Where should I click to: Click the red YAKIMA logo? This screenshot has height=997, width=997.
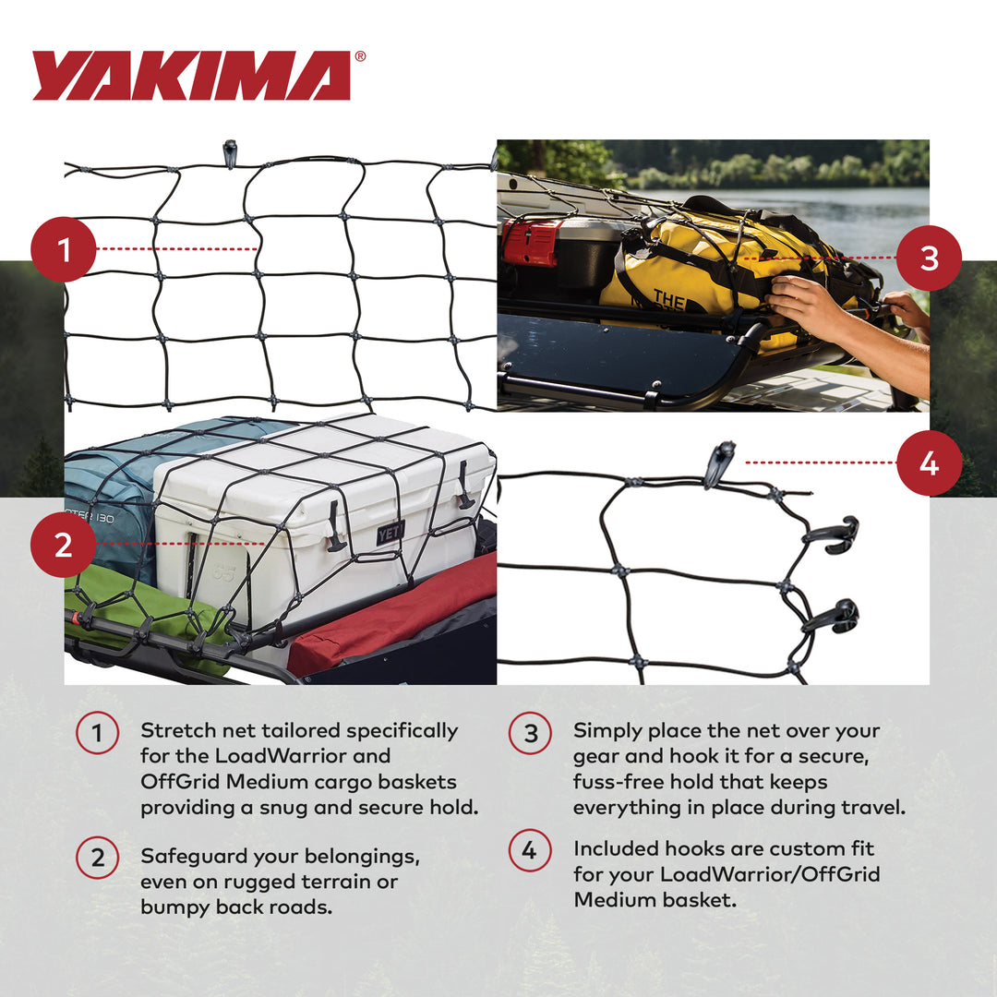[191, 76]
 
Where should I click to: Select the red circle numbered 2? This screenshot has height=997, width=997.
[63, 545]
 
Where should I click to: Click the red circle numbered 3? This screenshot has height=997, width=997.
[929, 258]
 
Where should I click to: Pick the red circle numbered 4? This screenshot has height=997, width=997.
[929, 463]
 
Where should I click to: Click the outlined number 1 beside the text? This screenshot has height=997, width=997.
[97, 735]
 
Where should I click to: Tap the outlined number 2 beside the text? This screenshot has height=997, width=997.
[97, 859]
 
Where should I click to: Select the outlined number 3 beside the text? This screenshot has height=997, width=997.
[530, 735]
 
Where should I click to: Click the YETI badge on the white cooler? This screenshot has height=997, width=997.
[390, 534]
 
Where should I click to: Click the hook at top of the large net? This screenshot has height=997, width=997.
[230, 152]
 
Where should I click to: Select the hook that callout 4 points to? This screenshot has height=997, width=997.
[718, 462]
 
